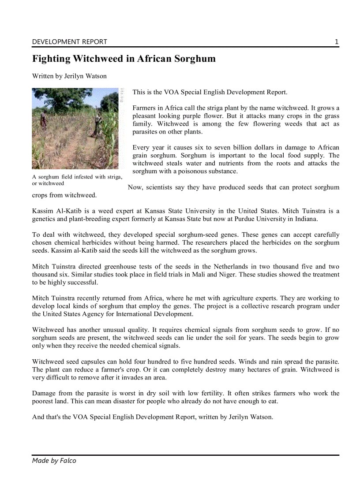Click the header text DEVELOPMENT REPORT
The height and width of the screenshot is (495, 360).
pyautogui.click(x=69, y=42)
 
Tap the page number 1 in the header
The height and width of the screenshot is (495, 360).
pyautogui.click(x=337, y=42)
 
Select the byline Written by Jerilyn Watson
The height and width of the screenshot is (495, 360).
pyautogui.click(x=69, y=76)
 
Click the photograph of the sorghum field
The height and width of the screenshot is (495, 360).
pyautogui.click(x=75, y=128)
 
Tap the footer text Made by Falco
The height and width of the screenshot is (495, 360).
pyautogui.click(x=54, y=461)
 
